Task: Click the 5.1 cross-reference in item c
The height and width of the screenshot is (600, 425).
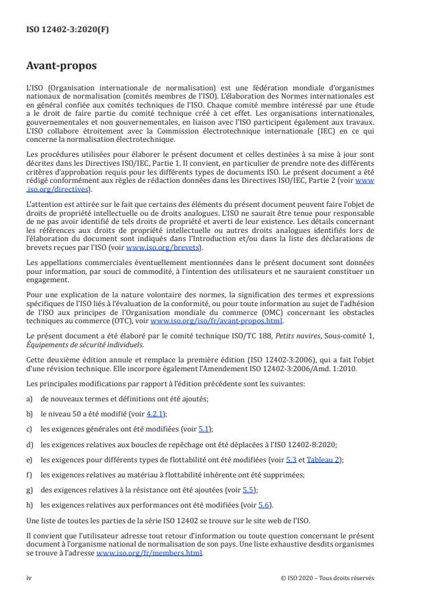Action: point(203,429)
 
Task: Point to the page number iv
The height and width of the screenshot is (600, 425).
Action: point(28,577)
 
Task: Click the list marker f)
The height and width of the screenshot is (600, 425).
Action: point(29,475)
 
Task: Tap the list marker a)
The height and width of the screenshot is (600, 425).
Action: point(29,398)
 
